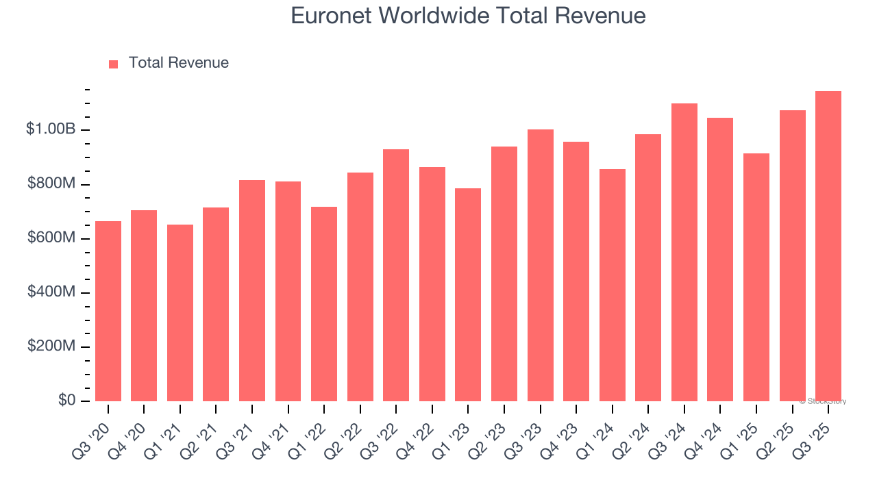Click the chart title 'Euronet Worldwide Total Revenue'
coord(468,15)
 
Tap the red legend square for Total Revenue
coord(114,64)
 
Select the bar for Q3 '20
coord(108,312)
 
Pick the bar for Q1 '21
coord(180,313)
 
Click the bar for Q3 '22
coord(396,275)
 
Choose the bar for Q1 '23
coord(468,294)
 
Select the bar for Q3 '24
coord(684,252)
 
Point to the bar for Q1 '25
coord(756,277)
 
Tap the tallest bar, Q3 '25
coord(828,246)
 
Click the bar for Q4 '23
coord(576,271)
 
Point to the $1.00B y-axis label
coord(51,129)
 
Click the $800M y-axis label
coord(51,184)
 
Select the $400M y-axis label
coord(51,292)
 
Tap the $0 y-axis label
coord(66,400)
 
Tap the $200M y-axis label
coord(51,346)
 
